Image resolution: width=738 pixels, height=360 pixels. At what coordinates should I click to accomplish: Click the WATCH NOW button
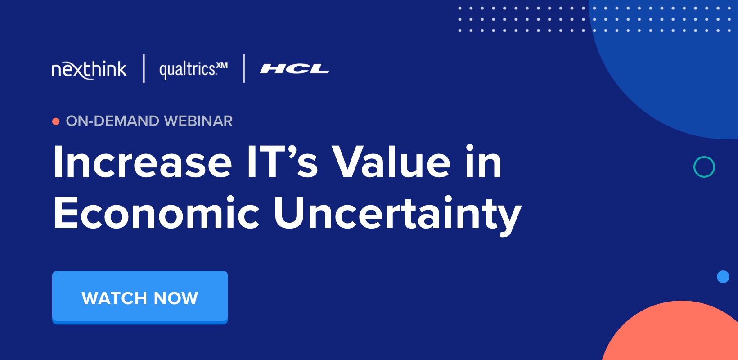(x=140, y=297)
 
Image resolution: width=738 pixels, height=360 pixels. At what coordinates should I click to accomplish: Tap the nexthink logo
(x=89, y=70)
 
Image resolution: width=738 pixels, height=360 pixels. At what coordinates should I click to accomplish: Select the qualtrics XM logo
(x=193, y=70)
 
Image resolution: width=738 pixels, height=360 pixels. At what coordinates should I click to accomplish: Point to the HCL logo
(x=294, y=69)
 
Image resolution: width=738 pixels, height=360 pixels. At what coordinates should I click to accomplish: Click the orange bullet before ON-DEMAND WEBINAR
(x=56, y=121)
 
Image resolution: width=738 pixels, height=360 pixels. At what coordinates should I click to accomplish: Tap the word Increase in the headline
(x=142, y=162)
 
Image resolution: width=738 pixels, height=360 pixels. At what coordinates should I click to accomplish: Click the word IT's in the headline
(x=282, y=162)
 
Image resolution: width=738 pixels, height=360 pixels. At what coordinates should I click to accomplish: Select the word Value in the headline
(x=391, y=162)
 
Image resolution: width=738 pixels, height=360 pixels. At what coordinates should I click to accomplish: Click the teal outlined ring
(x=704, y=167)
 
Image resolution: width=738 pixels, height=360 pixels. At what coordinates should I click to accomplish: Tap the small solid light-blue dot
(x=723, y=277)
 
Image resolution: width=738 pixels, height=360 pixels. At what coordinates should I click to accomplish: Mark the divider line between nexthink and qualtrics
(x=144, y=68)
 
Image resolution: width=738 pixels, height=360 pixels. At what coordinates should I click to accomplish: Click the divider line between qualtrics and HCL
(x=244, y=68)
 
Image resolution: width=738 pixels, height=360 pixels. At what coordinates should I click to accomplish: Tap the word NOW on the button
(x=176, y=298)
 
